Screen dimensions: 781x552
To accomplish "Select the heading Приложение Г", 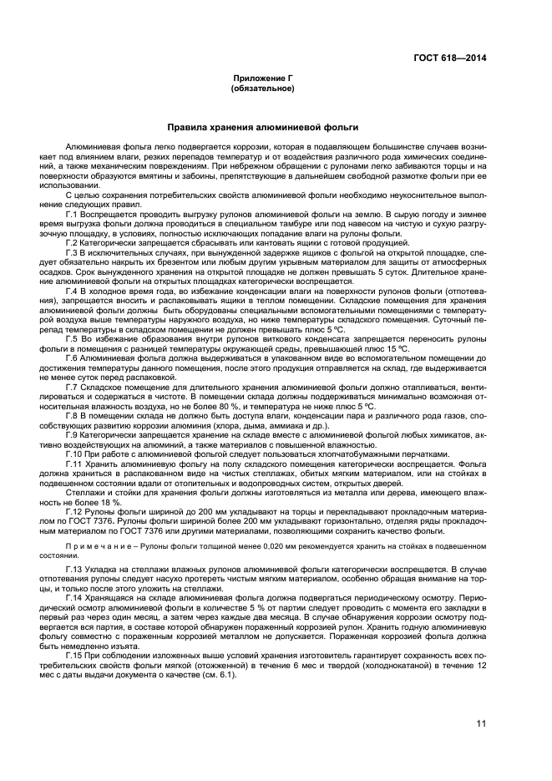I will tap(262, 77).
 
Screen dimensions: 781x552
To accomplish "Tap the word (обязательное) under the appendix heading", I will tap(262, 87).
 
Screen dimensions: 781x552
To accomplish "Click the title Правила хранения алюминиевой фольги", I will tap(262, 128).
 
